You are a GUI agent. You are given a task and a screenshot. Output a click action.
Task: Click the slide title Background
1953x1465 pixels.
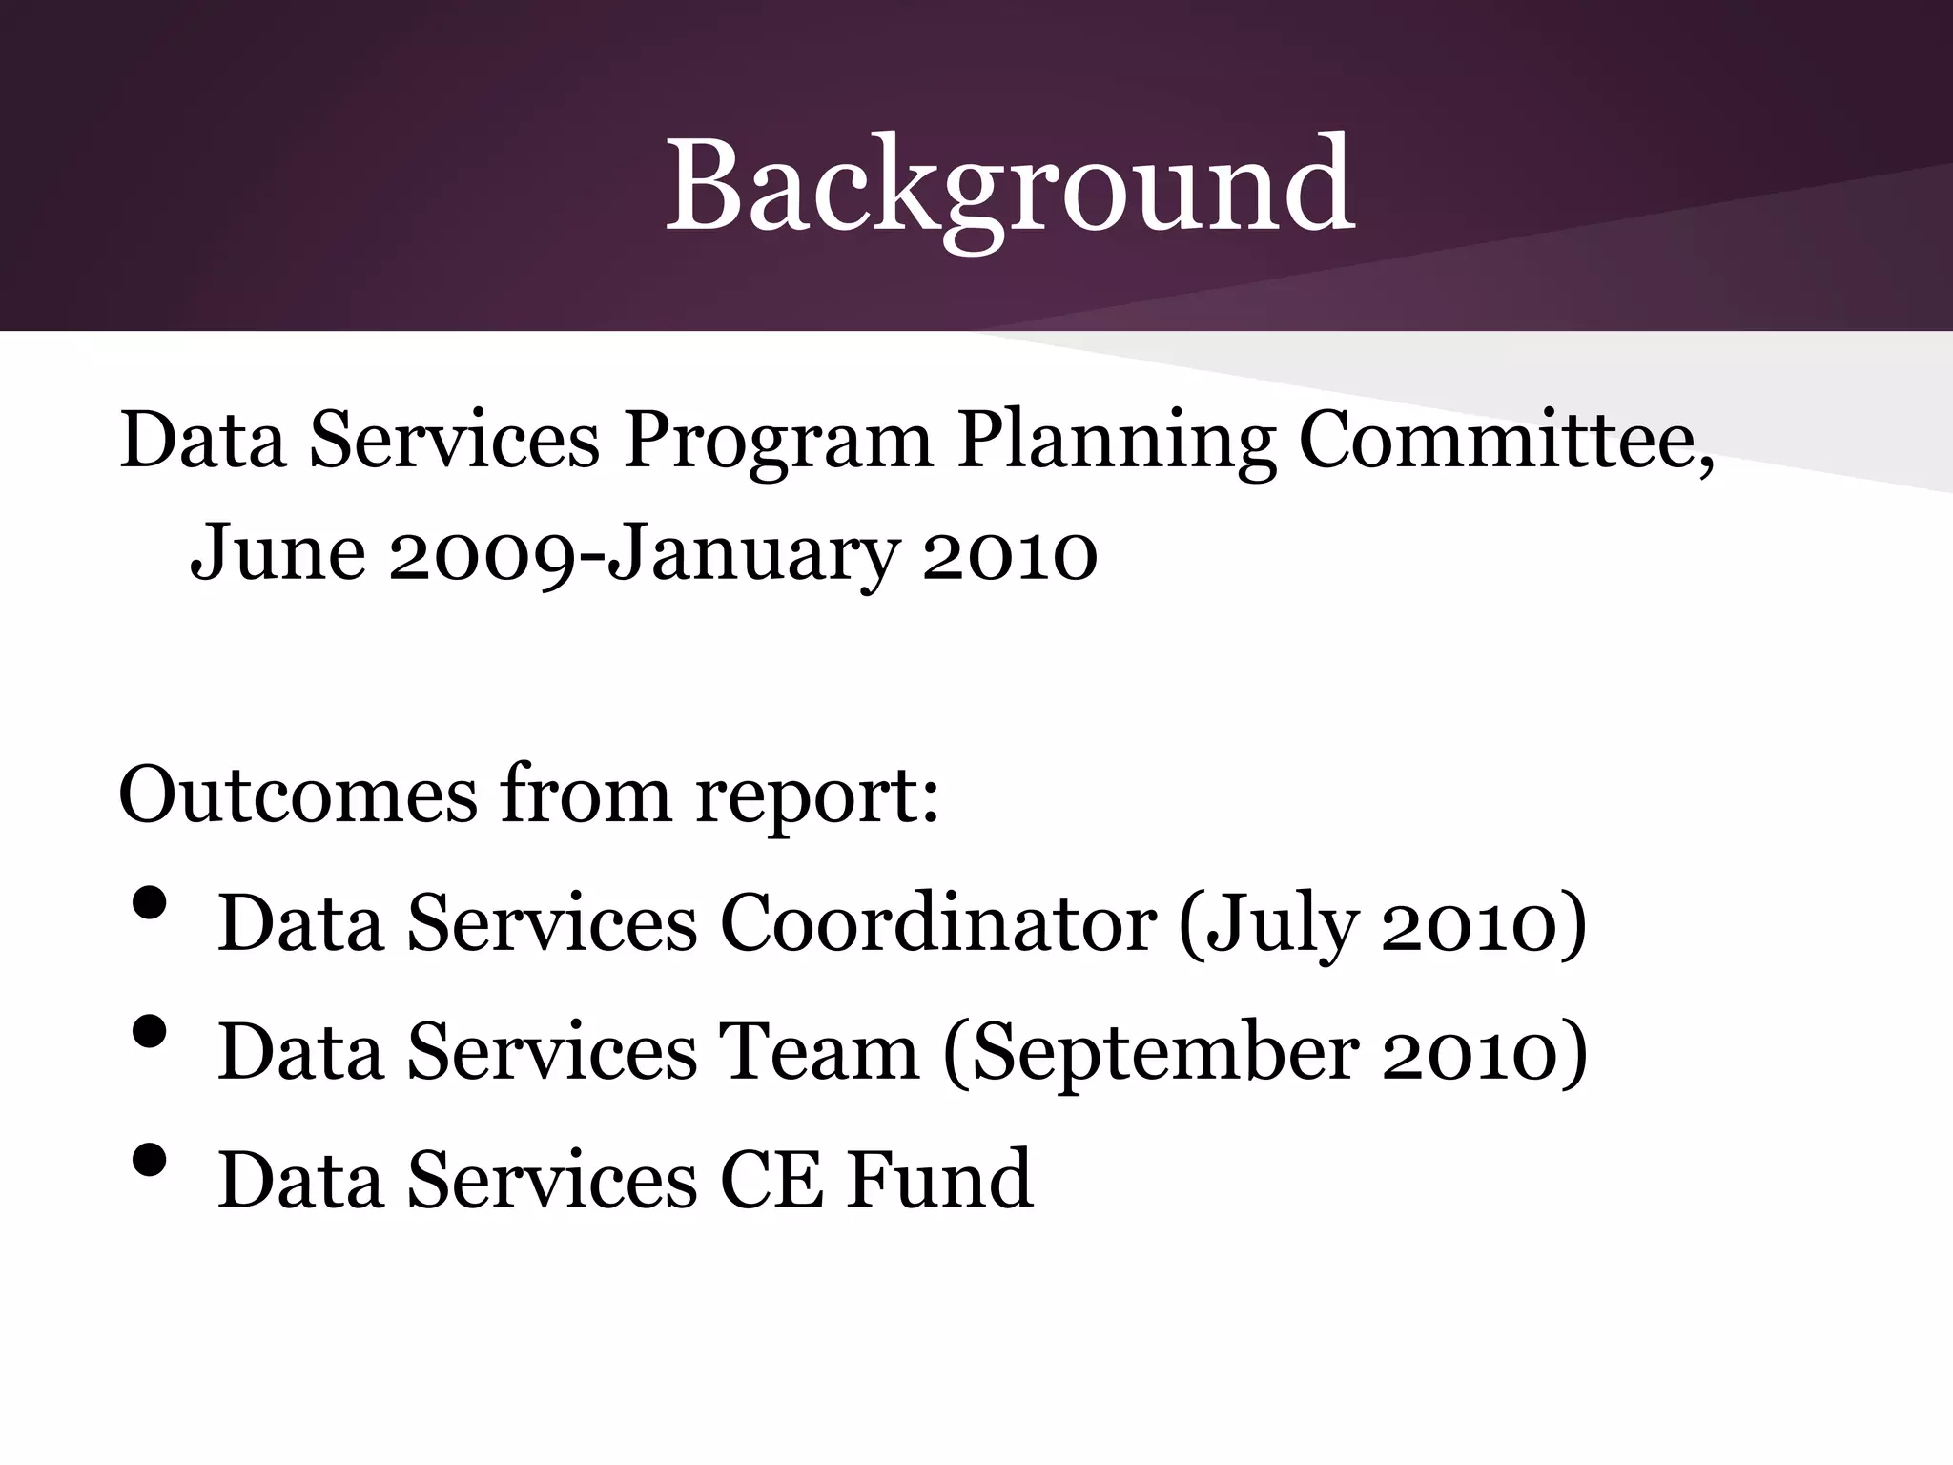tap(1009, 186)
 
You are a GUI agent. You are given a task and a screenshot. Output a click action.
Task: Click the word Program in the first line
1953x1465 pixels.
tap(777, 441)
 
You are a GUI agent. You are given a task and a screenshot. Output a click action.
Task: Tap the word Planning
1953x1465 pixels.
tap(1116, 441)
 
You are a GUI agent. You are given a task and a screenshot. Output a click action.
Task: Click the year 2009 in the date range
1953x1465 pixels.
tap(483, 553)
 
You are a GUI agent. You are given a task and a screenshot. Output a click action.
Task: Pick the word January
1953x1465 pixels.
tap(753, 553)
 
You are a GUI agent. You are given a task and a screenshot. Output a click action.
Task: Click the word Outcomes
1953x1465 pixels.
tap(298, 794)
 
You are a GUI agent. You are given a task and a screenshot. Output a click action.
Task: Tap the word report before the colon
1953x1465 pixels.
tap(816, 795)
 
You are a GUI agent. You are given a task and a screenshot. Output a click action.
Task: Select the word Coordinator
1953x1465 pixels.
tap(938, 922)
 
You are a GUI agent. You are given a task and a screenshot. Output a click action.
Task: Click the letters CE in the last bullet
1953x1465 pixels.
tap(771, 1180)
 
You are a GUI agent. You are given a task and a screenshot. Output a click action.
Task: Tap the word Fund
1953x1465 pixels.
tap(940, 1180)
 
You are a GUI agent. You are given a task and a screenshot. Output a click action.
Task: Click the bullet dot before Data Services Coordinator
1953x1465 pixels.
tap(151, 903)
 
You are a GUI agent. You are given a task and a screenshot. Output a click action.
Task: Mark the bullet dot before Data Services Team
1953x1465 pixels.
tap(151, 1031)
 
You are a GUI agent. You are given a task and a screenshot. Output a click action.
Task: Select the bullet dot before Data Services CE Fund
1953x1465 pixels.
tap(151, 1160)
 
